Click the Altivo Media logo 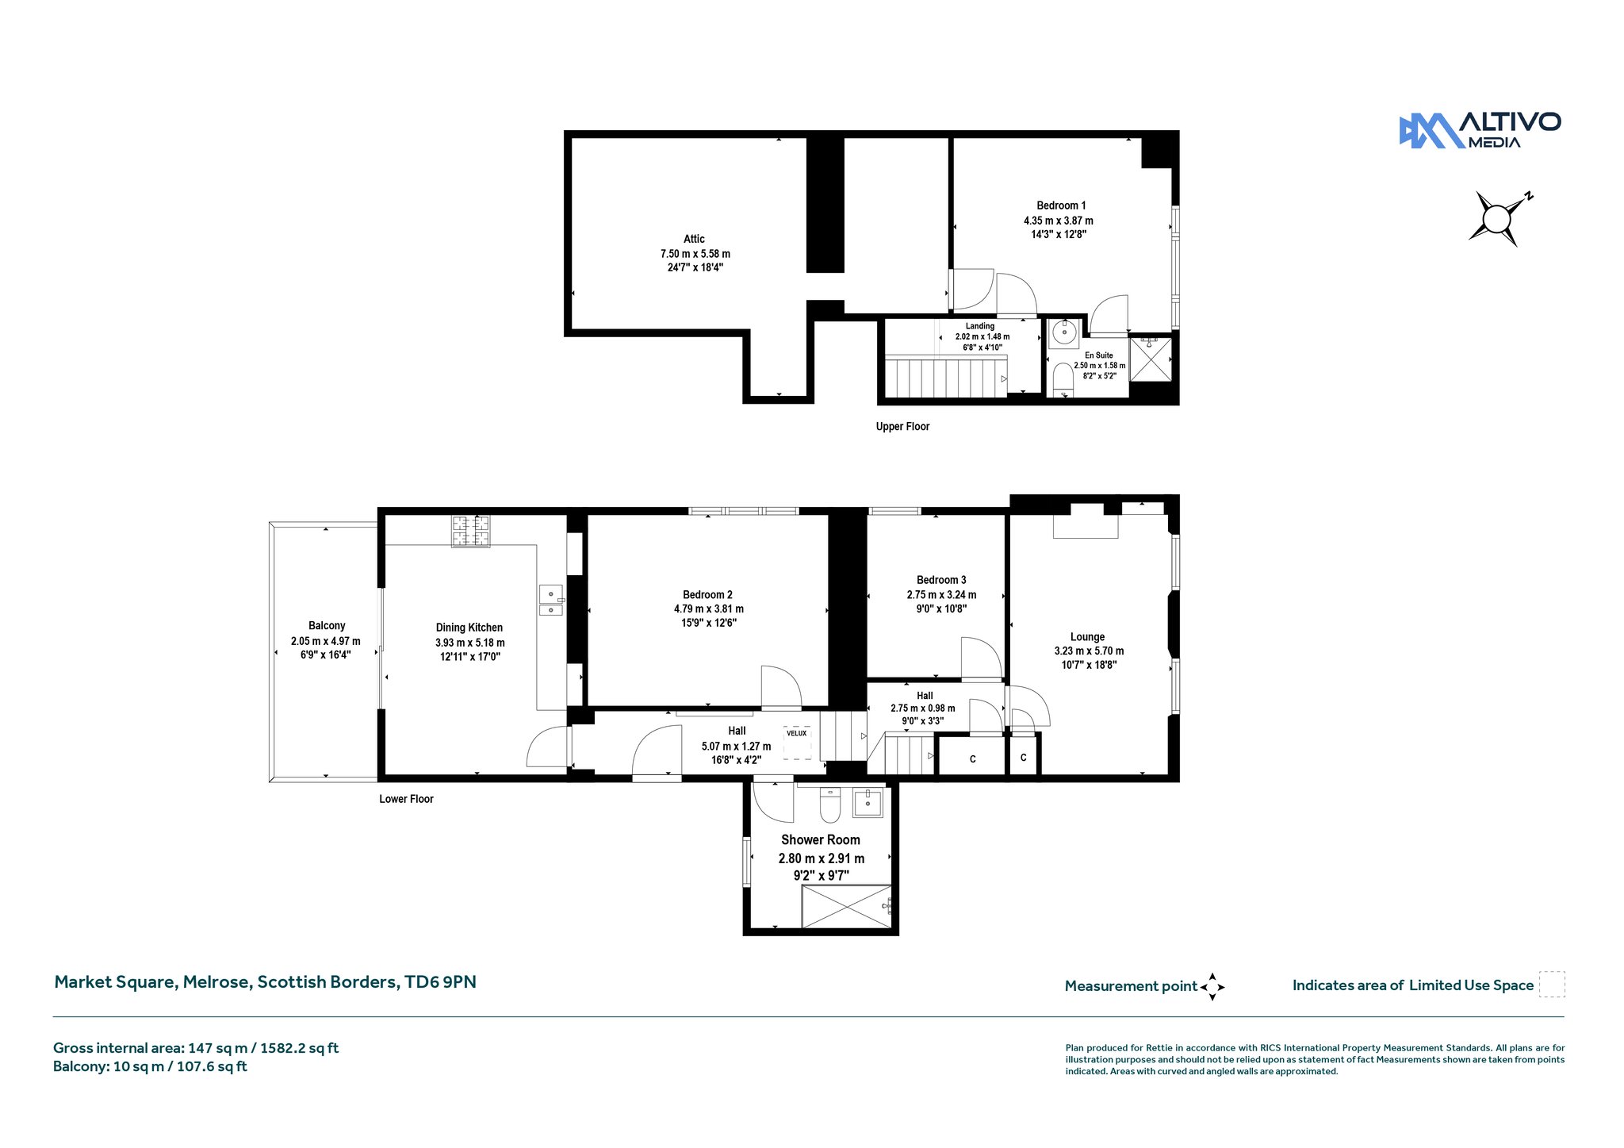pyautogui.click(x=1480, y=131)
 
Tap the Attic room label pyautogui.click(x=694, y=239)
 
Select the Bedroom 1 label pyautogui.click(x=1061, y=205)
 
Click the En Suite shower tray pyautogui.click(x=1150, y=359)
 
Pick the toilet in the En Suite pyautogui.click(x=1063, y=380)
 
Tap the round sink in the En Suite pyautogui.click(x=1063, y=333)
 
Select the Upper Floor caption pyautogui.click(x=902, y=427)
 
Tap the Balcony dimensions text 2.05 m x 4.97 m pyautogui.click(x=326, y=641)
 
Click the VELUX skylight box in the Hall pyautogui.click(x=797, y=743)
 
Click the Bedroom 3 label pyautogui.click(x=941, y=580)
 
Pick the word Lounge pyautogui.click(x=1087, y=637)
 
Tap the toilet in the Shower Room pyautogui.click(x=830, y=804)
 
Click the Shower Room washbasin pyautogui.click(x=868, y=802)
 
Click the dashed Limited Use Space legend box pyautogui.click(x=1553, y=985)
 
